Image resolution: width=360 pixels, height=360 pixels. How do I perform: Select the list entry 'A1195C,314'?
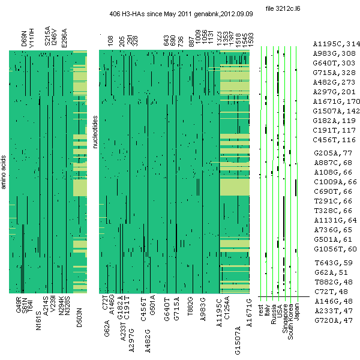point(336,44)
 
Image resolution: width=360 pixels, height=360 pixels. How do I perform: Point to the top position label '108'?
point(110,41)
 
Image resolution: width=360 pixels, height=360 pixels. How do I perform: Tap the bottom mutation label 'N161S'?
point(38,320)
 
